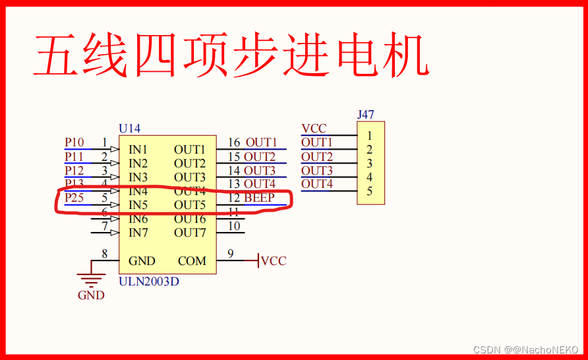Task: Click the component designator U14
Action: click(129, 129)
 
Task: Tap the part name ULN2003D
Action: click(148, 282)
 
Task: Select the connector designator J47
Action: click(366, 115)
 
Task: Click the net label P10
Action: click(74, 142)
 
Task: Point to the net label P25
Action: click(74, 198)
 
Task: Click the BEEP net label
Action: click(259, 198)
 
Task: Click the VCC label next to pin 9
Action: click(274, 261)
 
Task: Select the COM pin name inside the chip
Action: click(192, 261)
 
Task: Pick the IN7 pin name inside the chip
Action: click(138, 233)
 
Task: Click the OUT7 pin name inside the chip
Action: click(190, 233)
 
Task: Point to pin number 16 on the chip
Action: click(234, 142)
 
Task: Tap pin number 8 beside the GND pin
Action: click(104, 254)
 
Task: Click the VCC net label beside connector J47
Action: click(314, 129)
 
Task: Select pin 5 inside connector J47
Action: click(370, 191)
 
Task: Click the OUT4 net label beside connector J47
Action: click(317, 184)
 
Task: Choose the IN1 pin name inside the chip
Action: click(138, 150)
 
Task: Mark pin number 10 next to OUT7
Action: click(234, 226)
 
